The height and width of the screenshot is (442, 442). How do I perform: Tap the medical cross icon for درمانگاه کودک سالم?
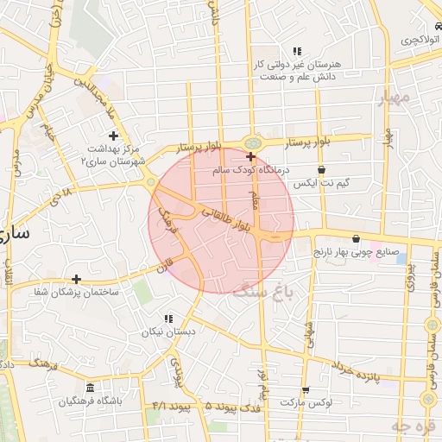[x=250, y=157]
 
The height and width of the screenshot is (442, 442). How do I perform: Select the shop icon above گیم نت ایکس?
[x=321, y=170]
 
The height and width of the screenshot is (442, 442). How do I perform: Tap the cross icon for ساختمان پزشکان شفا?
[x=77, y=279]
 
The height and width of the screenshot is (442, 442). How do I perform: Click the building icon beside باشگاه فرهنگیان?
[x=91, y=388]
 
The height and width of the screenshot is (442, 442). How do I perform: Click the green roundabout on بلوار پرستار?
[x=252, y=142]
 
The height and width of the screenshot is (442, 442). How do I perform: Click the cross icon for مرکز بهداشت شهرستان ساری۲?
[x=113, y=136]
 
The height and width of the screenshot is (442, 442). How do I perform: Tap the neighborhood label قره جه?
[x=410, y=426]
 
